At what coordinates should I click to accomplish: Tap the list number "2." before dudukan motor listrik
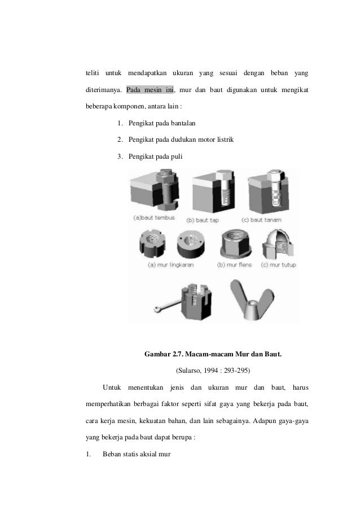(121, 139)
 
